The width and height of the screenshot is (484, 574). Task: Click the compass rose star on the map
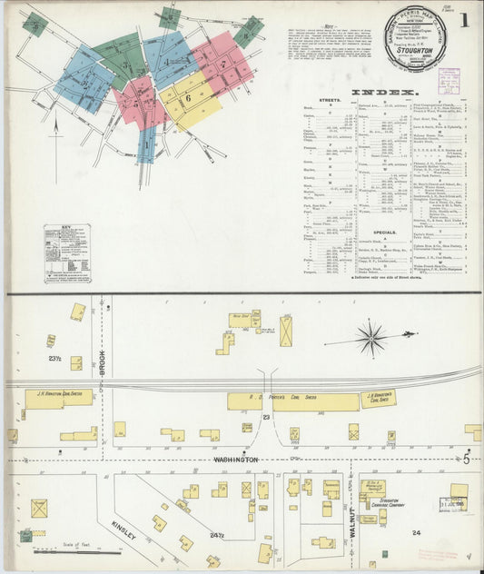pos(372,338)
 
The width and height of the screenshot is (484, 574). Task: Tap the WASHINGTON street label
pos(236,460)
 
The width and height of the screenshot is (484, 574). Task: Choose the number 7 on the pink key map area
pos(223,64)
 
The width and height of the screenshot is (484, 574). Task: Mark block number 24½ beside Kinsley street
pos(216,536)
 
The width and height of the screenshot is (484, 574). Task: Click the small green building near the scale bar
pos(26,536)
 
